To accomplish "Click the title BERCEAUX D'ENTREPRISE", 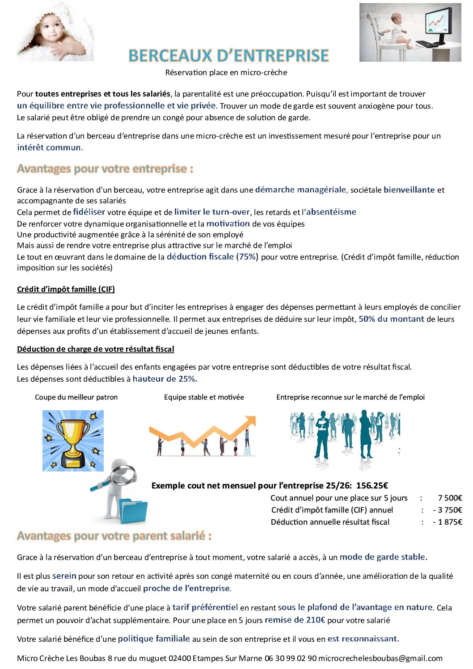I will [228, 55].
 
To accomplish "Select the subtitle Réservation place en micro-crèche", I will [226, 72].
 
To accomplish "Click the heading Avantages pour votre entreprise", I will [105, 169].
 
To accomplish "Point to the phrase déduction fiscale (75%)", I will [212, 257].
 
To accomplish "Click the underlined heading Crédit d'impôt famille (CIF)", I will [66, 289].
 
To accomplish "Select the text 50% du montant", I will [391, 319].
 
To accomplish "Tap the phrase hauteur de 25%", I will [165, 379].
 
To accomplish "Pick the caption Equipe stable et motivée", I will [204, 397].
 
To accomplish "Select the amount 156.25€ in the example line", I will [372, 486].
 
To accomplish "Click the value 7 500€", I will [450, 498].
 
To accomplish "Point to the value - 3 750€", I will [448, 510].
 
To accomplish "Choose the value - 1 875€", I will [448, 522].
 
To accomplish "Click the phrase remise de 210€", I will [295, 620].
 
